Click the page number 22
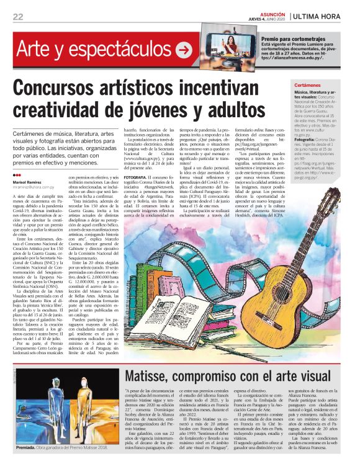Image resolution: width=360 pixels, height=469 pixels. (17, 16)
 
